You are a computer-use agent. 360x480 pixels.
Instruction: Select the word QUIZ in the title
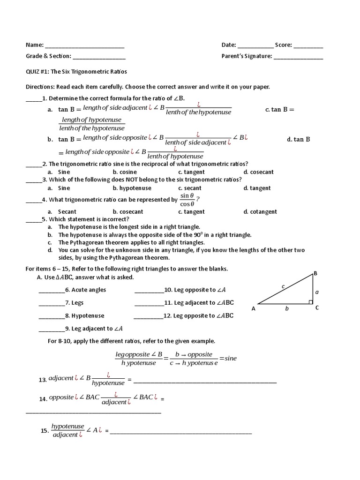(x=32, y=72)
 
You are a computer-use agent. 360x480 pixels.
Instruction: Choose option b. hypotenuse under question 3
(x=132, y=188)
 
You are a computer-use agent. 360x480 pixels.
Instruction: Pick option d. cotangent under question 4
(x=260, y=211)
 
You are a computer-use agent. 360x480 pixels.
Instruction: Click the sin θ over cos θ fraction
(x=187, y=200)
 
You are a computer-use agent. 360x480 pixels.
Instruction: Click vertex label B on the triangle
(x=315, y=273)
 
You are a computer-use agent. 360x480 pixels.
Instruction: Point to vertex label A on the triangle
(x=254, y=308)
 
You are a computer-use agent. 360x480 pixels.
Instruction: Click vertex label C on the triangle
(x=317, y=307)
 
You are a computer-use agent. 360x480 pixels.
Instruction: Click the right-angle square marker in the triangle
(x=310, y=302)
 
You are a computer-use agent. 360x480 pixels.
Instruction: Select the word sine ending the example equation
(x=231, y=358)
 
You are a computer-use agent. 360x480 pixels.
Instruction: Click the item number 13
(x=43, y=380)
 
